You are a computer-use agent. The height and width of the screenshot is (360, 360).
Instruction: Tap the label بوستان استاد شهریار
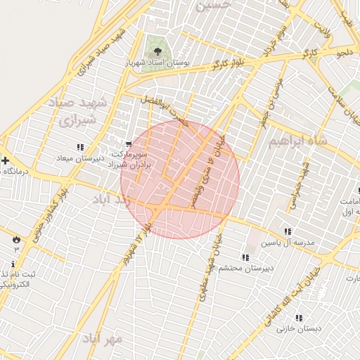pos(157,63)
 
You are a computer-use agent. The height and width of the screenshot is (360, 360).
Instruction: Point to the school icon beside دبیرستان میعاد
pos(79,147)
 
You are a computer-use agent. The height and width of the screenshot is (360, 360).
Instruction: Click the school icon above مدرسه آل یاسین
pos(288,231)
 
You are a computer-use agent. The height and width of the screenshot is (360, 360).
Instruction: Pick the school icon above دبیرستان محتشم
pos(245,257)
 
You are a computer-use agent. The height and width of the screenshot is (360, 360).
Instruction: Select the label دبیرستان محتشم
pos(240,268)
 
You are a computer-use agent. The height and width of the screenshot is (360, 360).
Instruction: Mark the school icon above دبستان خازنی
pos(299,317)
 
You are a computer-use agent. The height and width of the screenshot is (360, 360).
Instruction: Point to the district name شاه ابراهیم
pos(299,141)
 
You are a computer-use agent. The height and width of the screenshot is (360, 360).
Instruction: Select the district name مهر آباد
pos(103,339)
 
